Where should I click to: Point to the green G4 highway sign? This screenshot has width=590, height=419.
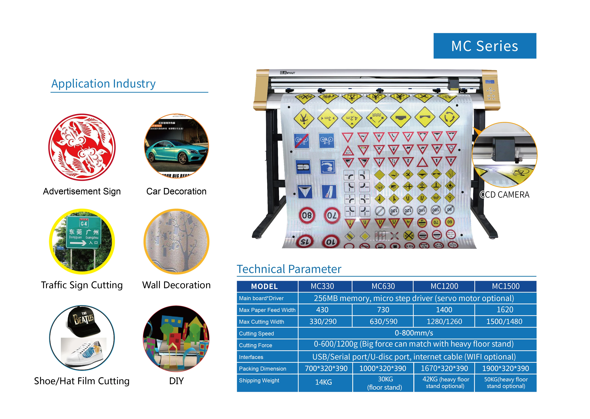(x=83, y=232)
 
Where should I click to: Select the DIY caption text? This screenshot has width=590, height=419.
(x=176, y=381)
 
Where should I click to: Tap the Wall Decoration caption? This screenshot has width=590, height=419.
(x=176, y=285)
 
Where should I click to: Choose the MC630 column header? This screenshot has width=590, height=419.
(x=383, y=286)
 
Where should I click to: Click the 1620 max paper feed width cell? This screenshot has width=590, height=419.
(x=505, y=310)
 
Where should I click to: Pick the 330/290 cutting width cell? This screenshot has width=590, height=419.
(x=323, y=322)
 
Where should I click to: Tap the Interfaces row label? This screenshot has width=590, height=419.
(x=251, y=357)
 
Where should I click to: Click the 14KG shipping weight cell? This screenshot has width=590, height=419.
(x=323, y=382)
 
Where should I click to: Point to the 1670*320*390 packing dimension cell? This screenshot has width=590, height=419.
(x=444, y=368)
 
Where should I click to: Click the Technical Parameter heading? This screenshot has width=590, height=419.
(x=289, y=269)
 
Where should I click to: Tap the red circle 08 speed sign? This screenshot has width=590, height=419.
(x=307, y=215)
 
